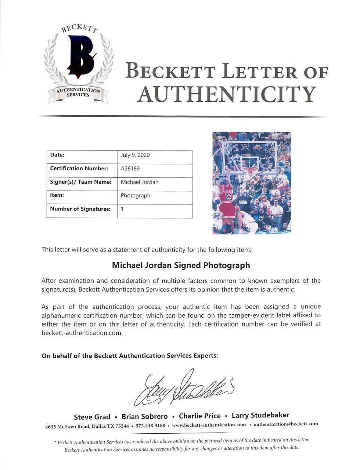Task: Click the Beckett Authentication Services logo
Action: pos(78,64)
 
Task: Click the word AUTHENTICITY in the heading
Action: pos(227,94)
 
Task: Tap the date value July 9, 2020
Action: pos(135,155)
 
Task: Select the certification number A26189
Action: pos(130,169)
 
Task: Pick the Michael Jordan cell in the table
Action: pos(140,182)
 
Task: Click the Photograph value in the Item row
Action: pos(135,195)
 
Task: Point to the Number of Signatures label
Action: pos(80,209)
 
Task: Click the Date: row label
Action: pos(57,155)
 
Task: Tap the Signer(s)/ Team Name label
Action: pos(80,182)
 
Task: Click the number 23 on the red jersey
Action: pos(228,198)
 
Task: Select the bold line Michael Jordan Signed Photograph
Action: pos(181,265)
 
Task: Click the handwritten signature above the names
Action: pos(184,387)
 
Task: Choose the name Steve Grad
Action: pos(92,417)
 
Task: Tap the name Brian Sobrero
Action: pos(144,416)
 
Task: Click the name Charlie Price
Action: pos(199,416)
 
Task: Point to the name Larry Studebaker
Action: pos(260,415)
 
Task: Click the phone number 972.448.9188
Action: pos(150,426)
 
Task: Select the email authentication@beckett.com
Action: pos(286,424)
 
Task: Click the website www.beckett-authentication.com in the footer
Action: pos(209,425)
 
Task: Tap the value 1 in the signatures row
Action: pos(122,209)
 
